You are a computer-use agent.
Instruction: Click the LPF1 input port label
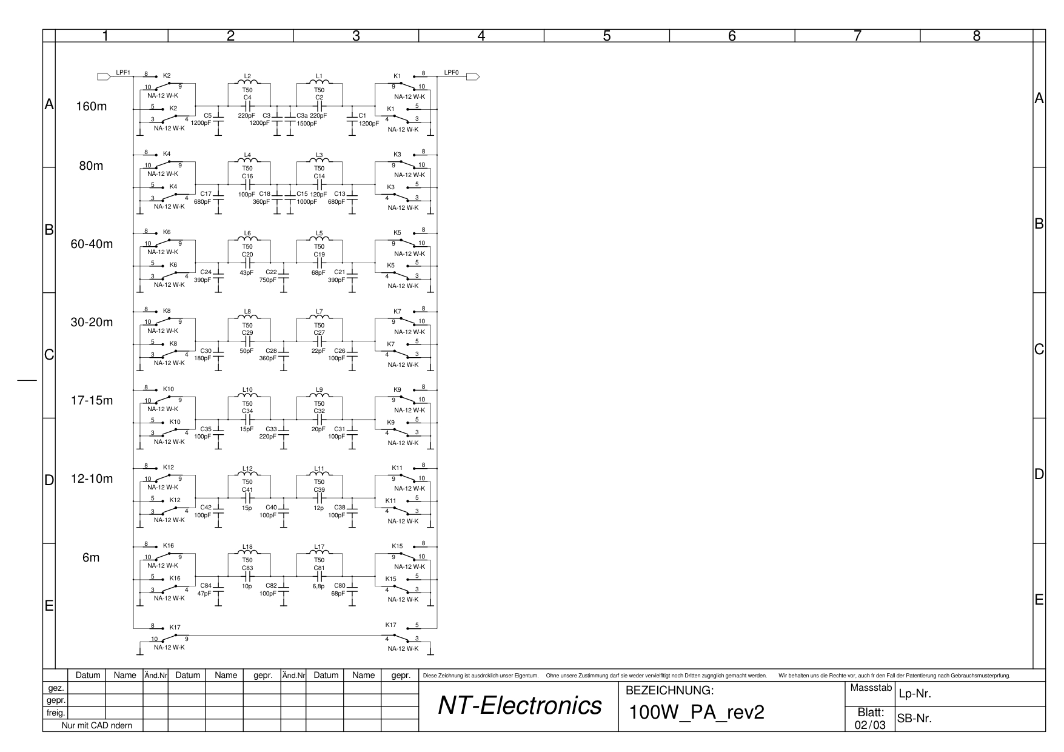point(123,73)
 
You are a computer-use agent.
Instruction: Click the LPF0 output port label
point(452,73)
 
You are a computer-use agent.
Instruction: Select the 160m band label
point(91,107)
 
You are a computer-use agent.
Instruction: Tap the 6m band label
point(91,557)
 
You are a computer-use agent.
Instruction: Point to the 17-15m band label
point(92,401)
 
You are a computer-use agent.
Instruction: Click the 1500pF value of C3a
point(307,123)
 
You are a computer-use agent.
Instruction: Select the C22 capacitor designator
point(271,272)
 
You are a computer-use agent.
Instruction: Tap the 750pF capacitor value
point(267,280)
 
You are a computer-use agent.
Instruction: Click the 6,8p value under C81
point(318,586)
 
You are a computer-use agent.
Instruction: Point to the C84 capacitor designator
point(206,586)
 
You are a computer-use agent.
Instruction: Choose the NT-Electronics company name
point(520,705)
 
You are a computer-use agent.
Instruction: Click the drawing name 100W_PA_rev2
point(697,713)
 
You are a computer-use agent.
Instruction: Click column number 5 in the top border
point(607,36)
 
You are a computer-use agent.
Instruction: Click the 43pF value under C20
point(247,272)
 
